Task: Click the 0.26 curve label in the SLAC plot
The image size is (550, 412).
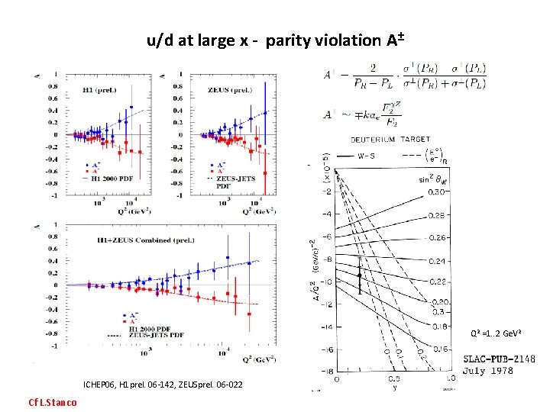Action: [x=436, y=238]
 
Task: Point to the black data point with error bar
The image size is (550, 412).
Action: [x=359, y=275]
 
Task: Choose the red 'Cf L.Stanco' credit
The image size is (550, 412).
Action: [x=52, y=402]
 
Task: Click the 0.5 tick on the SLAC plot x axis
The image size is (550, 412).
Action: [x=395, y=378]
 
